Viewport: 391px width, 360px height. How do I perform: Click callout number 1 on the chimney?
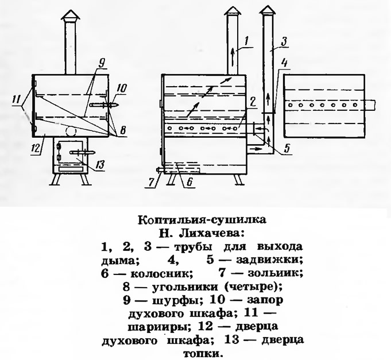click(x=246, y=41)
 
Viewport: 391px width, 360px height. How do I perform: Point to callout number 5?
click(x=287, y=148)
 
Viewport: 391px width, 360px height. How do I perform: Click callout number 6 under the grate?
click(x=189, y=182)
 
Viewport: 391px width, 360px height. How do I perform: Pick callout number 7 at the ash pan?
click(x=151, y=182)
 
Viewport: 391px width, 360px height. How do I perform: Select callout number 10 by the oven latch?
click(x=122, y=88)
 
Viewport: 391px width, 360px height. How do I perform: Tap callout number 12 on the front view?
click(x=36, y=149)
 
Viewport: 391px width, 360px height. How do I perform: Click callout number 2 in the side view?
click(x=253, y=102)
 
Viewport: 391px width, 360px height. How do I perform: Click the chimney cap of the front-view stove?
click(x=71, y=16)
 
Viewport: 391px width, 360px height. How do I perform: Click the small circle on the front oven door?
click(x=71, y=131)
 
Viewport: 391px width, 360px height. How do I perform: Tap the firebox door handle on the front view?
click(x=83, y=152)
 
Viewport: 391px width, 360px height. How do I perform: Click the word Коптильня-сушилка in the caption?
click(x=202, y=220)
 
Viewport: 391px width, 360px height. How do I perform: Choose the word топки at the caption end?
click(x=202, y=354)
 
